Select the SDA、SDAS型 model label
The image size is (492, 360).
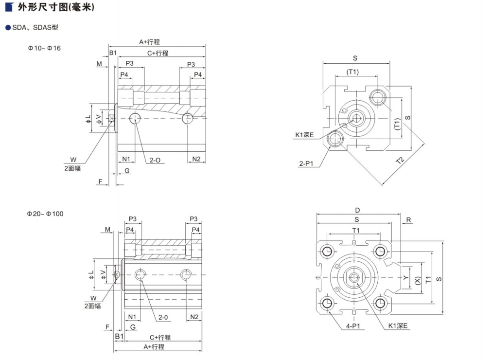(35, 28)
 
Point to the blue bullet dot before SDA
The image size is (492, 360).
(8, 28)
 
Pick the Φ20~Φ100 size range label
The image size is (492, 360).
(45, 214)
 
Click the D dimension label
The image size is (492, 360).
(357, 211)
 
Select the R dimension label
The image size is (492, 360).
(409, 220)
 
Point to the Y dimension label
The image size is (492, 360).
(405, 278)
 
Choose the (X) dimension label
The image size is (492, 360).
(418, 280)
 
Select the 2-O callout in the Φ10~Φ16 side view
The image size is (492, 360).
(155, 160)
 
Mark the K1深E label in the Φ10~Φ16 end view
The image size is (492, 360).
(304, 135)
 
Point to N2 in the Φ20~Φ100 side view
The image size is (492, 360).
(194, 317)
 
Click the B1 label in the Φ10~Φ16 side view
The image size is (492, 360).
(113, 52)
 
